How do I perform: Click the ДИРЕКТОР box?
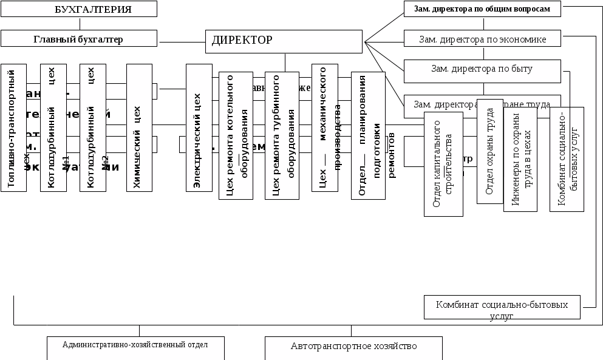284,41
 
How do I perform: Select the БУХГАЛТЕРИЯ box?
79,9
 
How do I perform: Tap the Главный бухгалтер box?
78,39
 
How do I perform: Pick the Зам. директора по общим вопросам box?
482,9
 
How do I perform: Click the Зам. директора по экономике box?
482,39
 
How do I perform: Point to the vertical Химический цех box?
139,127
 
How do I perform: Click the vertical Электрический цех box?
199,127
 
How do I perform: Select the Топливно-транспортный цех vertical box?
13,127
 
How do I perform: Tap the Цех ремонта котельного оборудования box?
236,135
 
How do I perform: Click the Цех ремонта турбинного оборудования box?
282,135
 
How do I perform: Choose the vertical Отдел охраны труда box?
490,151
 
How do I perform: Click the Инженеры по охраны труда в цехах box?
520,159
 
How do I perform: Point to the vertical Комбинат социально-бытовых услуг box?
567,159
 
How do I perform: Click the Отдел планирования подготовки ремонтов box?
368,135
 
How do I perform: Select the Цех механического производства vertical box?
324,127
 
